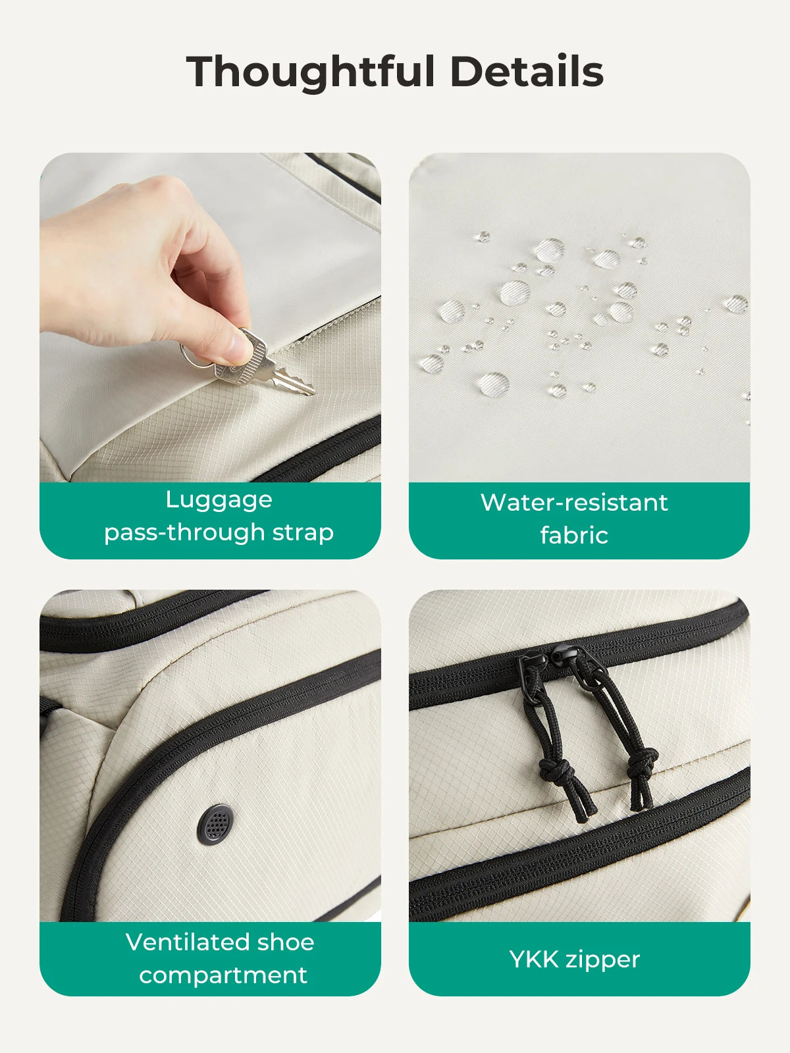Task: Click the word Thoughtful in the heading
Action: pos(310,72)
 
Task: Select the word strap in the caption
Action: pos(303,533)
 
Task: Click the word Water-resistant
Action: pos(574,503)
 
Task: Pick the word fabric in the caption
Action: pos(574,535)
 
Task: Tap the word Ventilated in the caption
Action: pos(188,942)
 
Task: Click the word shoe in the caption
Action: pos(286,942)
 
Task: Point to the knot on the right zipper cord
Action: pos(643,762)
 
